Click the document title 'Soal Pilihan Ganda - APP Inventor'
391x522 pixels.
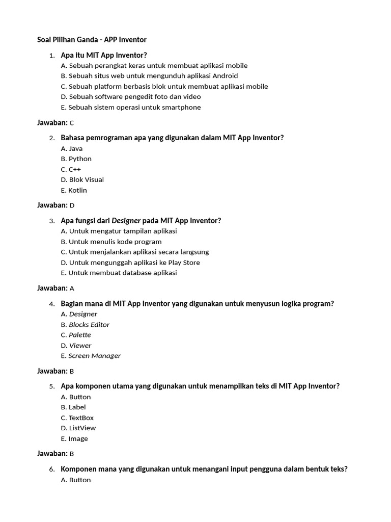tap(92, 39)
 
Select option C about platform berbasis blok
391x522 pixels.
tap(164, 86)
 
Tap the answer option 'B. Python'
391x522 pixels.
tap(76, 159)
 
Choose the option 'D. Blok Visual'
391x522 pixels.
tap(82, 179)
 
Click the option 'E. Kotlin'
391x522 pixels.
tap(74, 190)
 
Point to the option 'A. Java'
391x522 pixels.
tap(71, 148)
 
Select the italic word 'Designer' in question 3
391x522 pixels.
tap(126, 221)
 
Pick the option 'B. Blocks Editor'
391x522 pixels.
tap(85, 324)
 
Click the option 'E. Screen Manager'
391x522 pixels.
tap(91, 356)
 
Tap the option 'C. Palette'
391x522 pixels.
tap(76, 335)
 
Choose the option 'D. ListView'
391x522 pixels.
tap(78, 428)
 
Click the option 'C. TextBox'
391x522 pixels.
tap(77, 417)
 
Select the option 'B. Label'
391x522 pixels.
tap(73, 407)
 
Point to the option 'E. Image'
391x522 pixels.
tap(74, 438)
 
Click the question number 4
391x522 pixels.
tap(52, 304)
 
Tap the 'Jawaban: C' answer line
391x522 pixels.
tap(55, 122)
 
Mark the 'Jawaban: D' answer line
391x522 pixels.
tap(55, 205)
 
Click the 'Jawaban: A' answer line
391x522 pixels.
tap(55, 288)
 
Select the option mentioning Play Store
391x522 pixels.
tap(130, 263)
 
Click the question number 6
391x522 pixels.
tap(52, 469)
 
